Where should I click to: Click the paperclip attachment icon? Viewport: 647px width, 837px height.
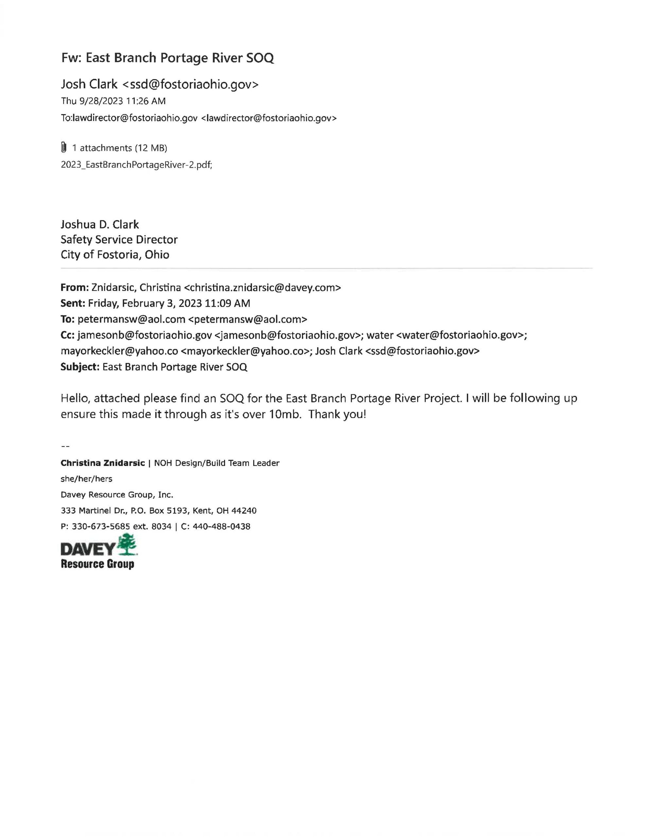64,147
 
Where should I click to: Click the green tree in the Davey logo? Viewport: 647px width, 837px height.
128,545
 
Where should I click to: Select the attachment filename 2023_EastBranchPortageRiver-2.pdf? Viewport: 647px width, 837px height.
136,165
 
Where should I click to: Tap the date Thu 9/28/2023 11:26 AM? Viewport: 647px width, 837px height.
113,101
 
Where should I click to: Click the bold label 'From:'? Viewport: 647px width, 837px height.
74,287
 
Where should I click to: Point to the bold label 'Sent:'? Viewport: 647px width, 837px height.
73,303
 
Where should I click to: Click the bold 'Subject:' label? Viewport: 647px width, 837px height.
80,367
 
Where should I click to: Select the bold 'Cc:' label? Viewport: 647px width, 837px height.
67,335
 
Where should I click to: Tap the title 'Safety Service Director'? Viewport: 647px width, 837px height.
119,240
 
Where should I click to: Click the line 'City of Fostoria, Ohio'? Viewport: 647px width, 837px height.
115,255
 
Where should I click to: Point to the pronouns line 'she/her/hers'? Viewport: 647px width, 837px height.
86,479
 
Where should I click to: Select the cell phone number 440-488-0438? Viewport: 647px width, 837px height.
221,527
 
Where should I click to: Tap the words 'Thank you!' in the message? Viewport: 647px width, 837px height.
337,414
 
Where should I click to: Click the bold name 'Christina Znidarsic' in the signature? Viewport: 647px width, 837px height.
102,463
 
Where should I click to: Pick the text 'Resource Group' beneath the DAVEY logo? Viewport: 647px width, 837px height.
97,564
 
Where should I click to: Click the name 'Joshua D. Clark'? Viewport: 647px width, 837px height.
100,224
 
